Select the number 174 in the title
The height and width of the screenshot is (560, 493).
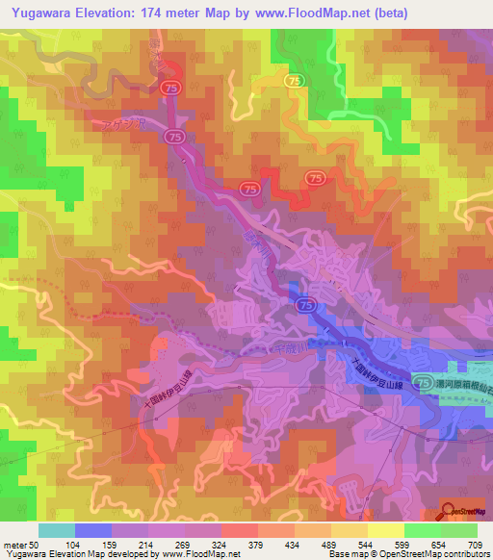point(156,13)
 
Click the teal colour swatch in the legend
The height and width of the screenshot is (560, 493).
point(56,530)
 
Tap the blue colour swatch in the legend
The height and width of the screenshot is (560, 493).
point(92,530)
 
